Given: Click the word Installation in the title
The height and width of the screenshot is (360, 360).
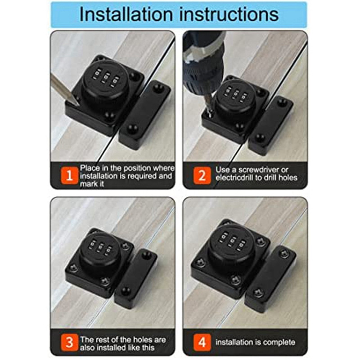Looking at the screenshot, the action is point(126,14).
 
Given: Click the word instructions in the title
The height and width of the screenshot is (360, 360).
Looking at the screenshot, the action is point(229,14).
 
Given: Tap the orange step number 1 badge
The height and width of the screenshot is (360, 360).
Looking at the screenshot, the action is point(69,175).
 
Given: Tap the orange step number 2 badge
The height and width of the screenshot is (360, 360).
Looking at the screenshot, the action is point(202,175).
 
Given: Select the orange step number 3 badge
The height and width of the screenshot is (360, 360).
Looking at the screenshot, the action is point(69,342).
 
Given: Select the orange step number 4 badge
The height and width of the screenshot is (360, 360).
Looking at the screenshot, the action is point(202,342).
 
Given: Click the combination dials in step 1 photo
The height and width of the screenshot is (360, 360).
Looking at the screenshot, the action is point(106,77).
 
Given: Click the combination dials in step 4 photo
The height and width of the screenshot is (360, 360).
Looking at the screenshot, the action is point(232,241).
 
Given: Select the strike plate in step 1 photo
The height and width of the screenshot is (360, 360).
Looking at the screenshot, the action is point(145,115).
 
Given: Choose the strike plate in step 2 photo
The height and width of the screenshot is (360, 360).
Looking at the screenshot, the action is point(271,126).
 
